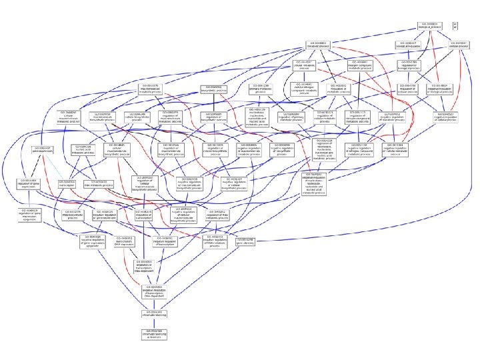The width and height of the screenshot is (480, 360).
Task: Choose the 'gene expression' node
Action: [x=42, y=150]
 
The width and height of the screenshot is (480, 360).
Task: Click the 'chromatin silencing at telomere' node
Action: [x=155, y=334]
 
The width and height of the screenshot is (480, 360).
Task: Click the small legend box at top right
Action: [x=455, y=25]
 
